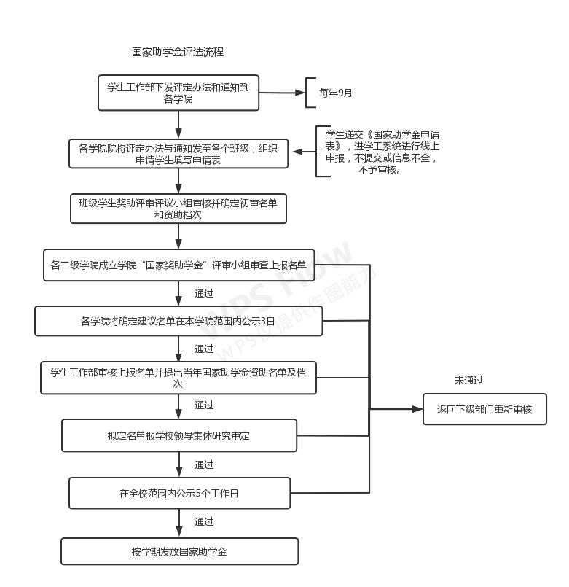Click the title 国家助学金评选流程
[x=177, y=53]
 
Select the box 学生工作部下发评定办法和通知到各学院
[x=178, y=93]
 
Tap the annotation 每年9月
[x=335, y=93]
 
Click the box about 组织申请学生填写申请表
[x=178, y=154]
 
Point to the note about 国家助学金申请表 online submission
[x=382, y=152]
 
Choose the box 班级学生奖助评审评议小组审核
[x=178, y=209]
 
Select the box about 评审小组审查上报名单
[x=178, y=265]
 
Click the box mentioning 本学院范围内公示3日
[x=178, y=321]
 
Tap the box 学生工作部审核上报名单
[x=178, y=378]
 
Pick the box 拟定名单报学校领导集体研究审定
[x=178, y=435]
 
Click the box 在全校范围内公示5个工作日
[x=179, y=494]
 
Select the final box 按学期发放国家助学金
[x=179, y=551]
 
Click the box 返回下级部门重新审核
[x=484, y=409]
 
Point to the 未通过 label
[x=468, y=381]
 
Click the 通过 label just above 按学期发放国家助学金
[x=204, y=522]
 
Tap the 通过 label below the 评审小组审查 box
[x=204, y=293]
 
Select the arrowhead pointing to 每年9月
[x=301, y=93]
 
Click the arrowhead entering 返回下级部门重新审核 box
[x=418, y=409]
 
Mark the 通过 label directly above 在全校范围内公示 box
[x=204, y=464]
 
